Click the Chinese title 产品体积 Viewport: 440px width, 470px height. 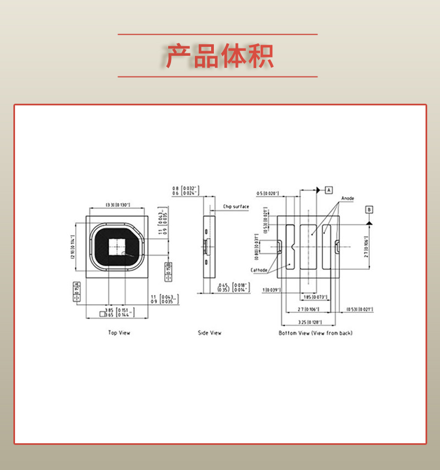pos(219,56)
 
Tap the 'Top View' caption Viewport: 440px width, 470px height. pos(119,333)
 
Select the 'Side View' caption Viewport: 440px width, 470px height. pos(209,333)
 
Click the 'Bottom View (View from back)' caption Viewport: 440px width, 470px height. pos(315,333)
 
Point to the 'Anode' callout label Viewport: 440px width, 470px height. pos(348,198)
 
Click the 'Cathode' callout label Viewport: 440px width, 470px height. pos(259,270)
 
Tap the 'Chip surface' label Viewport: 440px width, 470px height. pos(236,206)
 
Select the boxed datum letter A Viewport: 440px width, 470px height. pos(329,190)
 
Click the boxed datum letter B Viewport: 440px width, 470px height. pos(369,209)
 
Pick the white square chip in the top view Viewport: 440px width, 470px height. pos(117,246)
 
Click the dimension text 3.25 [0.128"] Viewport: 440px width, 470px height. pos(309,322)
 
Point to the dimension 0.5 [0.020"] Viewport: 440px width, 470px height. pos(268,193)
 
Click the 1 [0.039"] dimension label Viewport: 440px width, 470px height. pos(271,290)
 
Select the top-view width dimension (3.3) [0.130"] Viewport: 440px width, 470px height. pos(118,205)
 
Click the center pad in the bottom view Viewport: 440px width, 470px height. pos(311,246)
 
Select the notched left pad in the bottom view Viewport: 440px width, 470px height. pos(290,247)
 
